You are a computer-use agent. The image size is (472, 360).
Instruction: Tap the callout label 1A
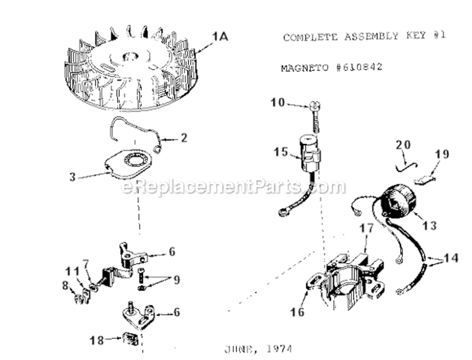point(220,37)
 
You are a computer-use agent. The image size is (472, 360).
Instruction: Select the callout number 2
point(184,138)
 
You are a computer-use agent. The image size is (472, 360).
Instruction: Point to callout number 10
point(278,103)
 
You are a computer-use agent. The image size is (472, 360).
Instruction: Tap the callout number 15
point(281,152)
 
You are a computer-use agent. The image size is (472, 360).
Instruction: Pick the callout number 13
point(429,226)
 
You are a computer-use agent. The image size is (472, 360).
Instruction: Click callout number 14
point(450,258)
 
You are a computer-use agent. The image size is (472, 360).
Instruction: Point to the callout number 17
point(367,228)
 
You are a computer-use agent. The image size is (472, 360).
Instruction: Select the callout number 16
point(297,312)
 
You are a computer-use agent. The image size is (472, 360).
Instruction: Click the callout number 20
point(403,145)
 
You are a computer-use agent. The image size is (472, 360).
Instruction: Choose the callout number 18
point(97,340)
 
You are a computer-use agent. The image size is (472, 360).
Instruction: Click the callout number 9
point(177,280)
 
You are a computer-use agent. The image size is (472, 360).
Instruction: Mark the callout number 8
point(65,285)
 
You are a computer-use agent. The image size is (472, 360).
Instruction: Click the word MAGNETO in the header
point(304,68)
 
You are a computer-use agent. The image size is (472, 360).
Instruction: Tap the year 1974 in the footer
point(279,349)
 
